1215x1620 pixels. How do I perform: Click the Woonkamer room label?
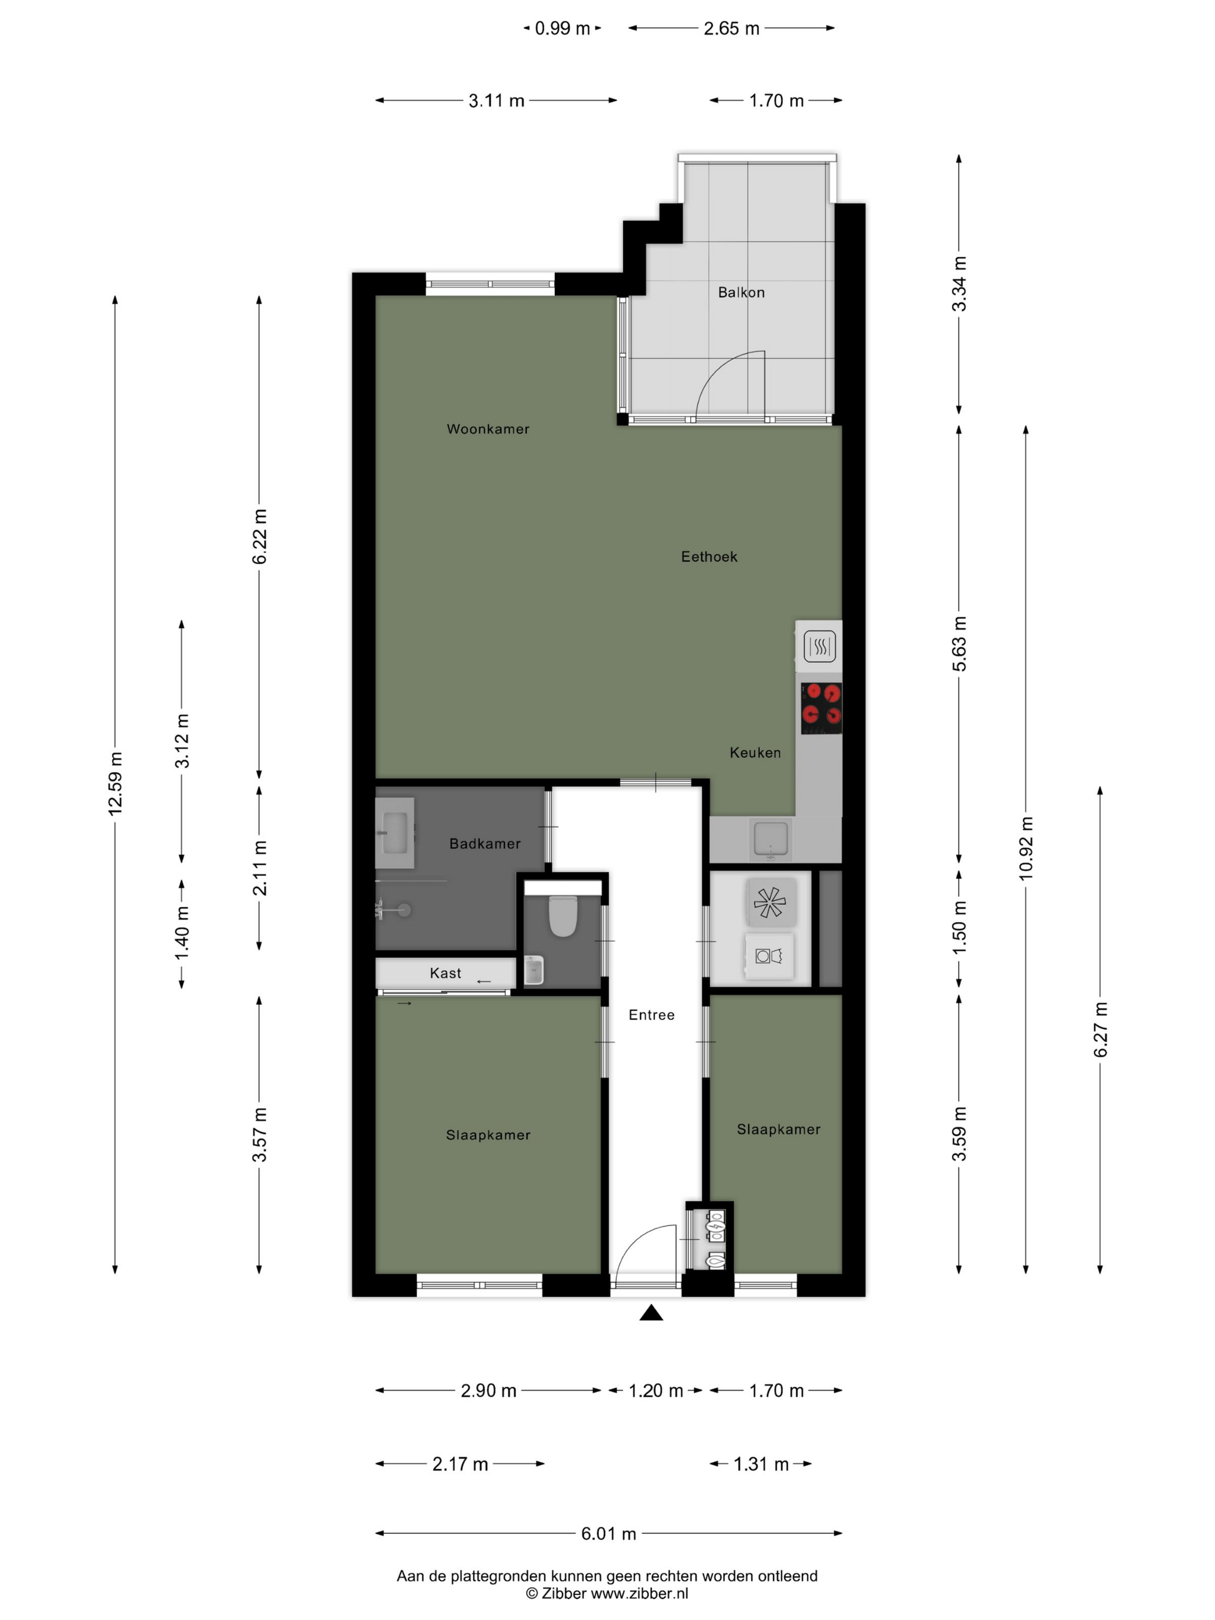488,429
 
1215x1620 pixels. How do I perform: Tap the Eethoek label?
709,557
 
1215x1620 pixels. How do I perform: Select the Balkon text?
741,292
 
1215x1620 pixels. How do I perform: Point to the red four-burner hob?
821,708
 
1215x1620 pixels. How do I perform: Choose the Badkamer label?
485,844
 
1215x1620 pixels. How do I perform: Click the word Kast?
446,973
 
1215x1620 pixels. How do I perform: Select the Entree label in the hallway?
651,1015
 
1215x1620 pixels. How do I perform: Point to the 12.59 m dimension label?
116,783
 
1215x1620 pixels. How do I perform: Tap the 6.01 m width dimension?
609,1534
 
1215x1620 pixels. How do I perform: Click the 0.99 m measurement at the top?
562,28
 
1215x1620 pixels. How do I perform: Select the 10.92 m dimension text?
1026,848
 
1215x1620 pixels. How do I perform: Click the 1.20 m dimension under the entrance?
656,1390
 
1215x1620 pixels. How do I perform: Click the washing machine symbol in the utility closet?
769,956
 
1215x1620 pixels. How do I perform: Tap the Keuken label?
755,753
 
